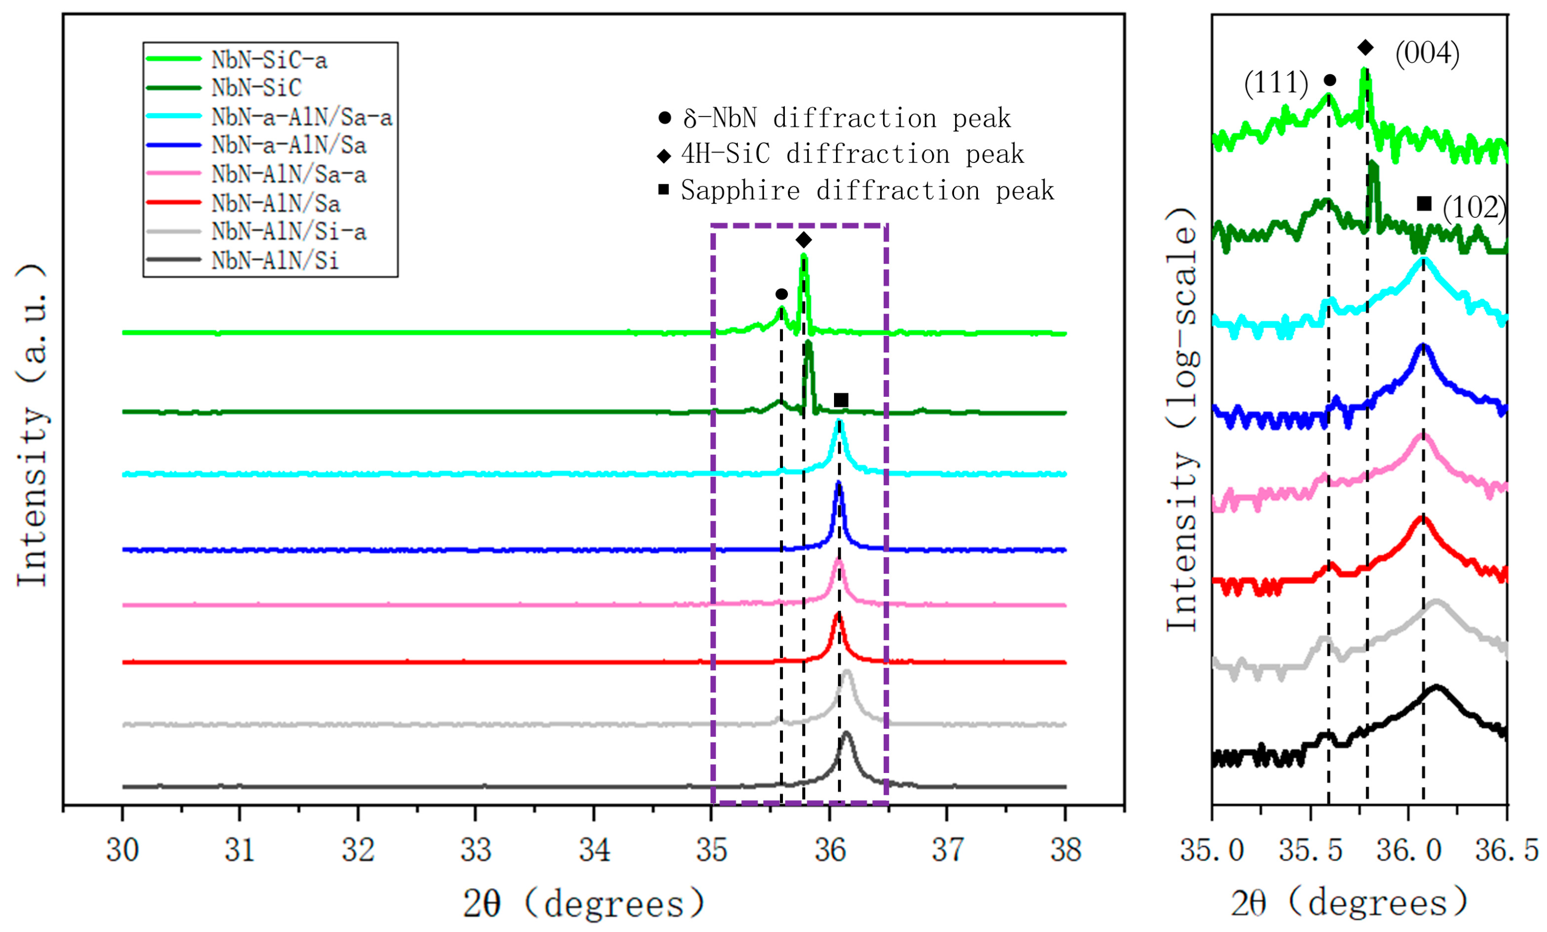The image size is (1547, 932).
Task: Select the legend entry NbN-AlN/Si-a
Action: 288,232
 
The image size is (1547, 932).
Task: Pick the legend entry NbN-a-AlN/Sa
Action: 288,145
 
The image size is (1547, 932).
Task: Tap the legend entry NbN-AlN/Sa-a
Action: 288,174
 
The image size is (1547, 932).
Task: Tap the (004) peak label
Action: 1427,53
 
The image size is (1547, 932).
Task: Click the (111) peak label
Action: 1276,83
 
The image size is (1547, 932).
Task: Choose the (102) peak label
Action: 1474,208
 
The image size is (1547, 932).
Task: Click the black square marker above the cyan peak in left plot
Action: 841,400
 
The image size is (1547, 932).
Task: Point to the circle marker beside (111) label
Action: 1329,80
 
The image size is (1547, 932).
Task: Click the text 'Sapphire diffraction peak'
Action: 867,190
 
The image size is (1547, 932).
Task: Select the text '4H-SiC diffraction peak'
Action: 852,154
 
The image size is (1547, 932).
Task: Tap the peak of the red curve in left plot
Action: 837,615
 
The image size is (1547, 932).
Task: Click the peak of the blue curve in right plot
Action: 1424,347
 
